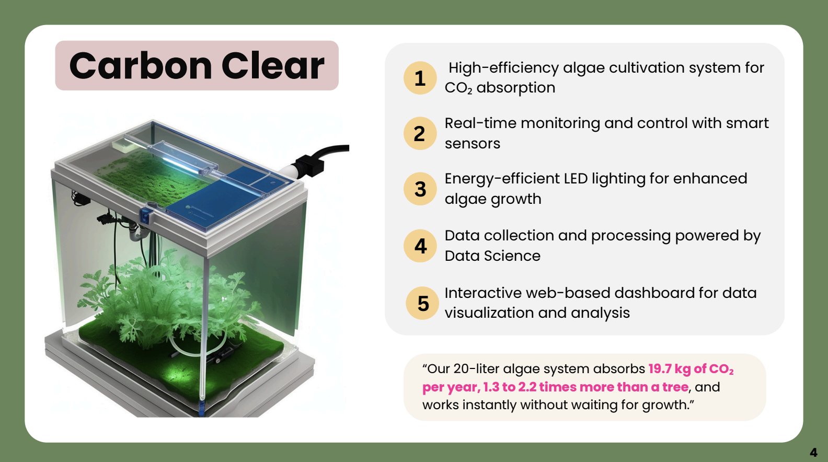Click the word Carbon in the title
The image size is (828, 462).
(x=140, y=66)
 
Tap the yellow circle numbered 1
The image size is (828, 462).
(x=420, y=78)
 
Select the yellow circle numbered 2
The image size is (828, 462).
(x=420, y=134)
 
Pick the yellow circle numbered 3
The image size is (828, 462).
(x=420, y=189)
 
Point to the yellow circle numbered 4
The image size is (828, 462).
(x=420, y=246)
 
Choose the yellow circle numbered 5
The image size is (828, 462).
(x=422, y=303)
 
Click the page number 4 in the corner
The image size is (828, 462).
(x=813, y=453)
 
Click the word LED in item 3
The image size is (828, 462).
(x=576, y=179)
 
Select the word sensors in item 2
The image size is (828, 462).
(x=472, y=144)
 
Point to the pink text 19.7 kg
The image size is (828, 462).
(x=669, y=369)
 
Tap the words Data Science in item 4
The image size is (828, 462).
(x=492, y=256)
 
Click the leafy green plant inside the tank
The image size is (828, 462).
(x=162, y=298)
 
